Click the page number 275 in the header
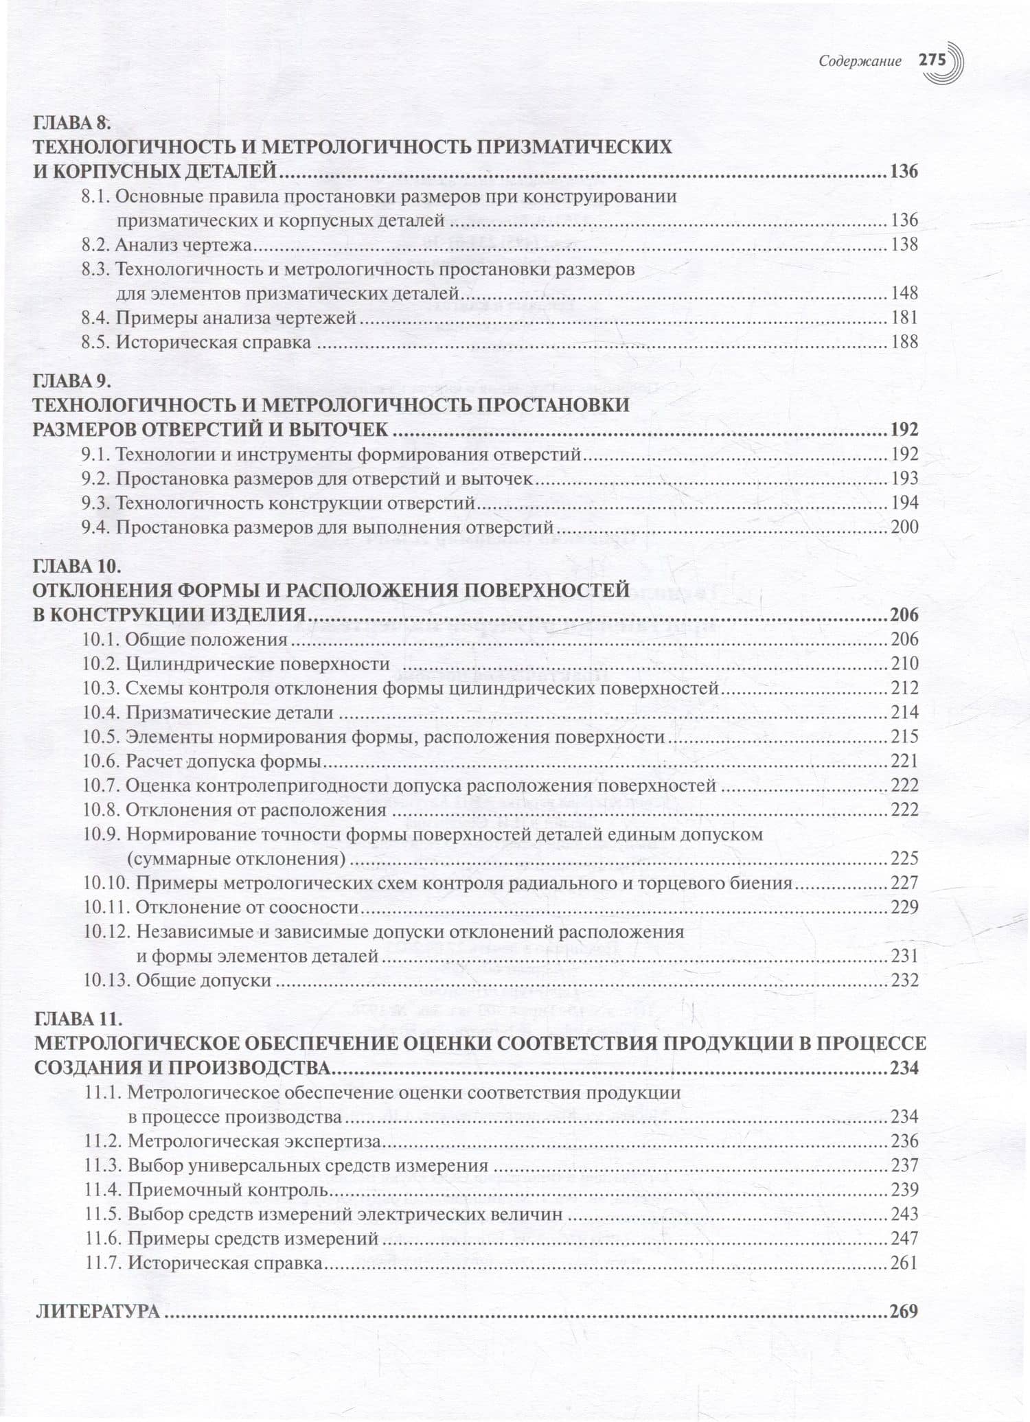click(932, 60)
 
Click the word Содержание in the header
click(860, 61)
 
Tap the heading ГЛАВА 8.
click(71, 123)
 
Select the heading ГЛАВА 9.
click(71, 380)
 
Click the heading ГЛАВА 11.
click(78, 1017)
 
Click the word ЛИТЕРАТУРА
click(97, 1311)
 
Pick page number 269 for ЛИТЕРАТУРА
click(904, 1311)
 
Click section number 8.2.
click(95, 244)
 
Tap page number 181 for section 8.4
click(904, 317)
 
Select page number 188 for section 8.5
click(904, 342)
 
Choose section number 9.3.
click(95, 503)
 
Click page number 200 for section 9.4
click(904, 527)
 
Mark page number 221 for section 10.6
click(904, 761)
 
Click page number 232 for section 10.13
click(904, 980)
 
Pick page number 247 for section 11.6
click(904, 1238)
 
